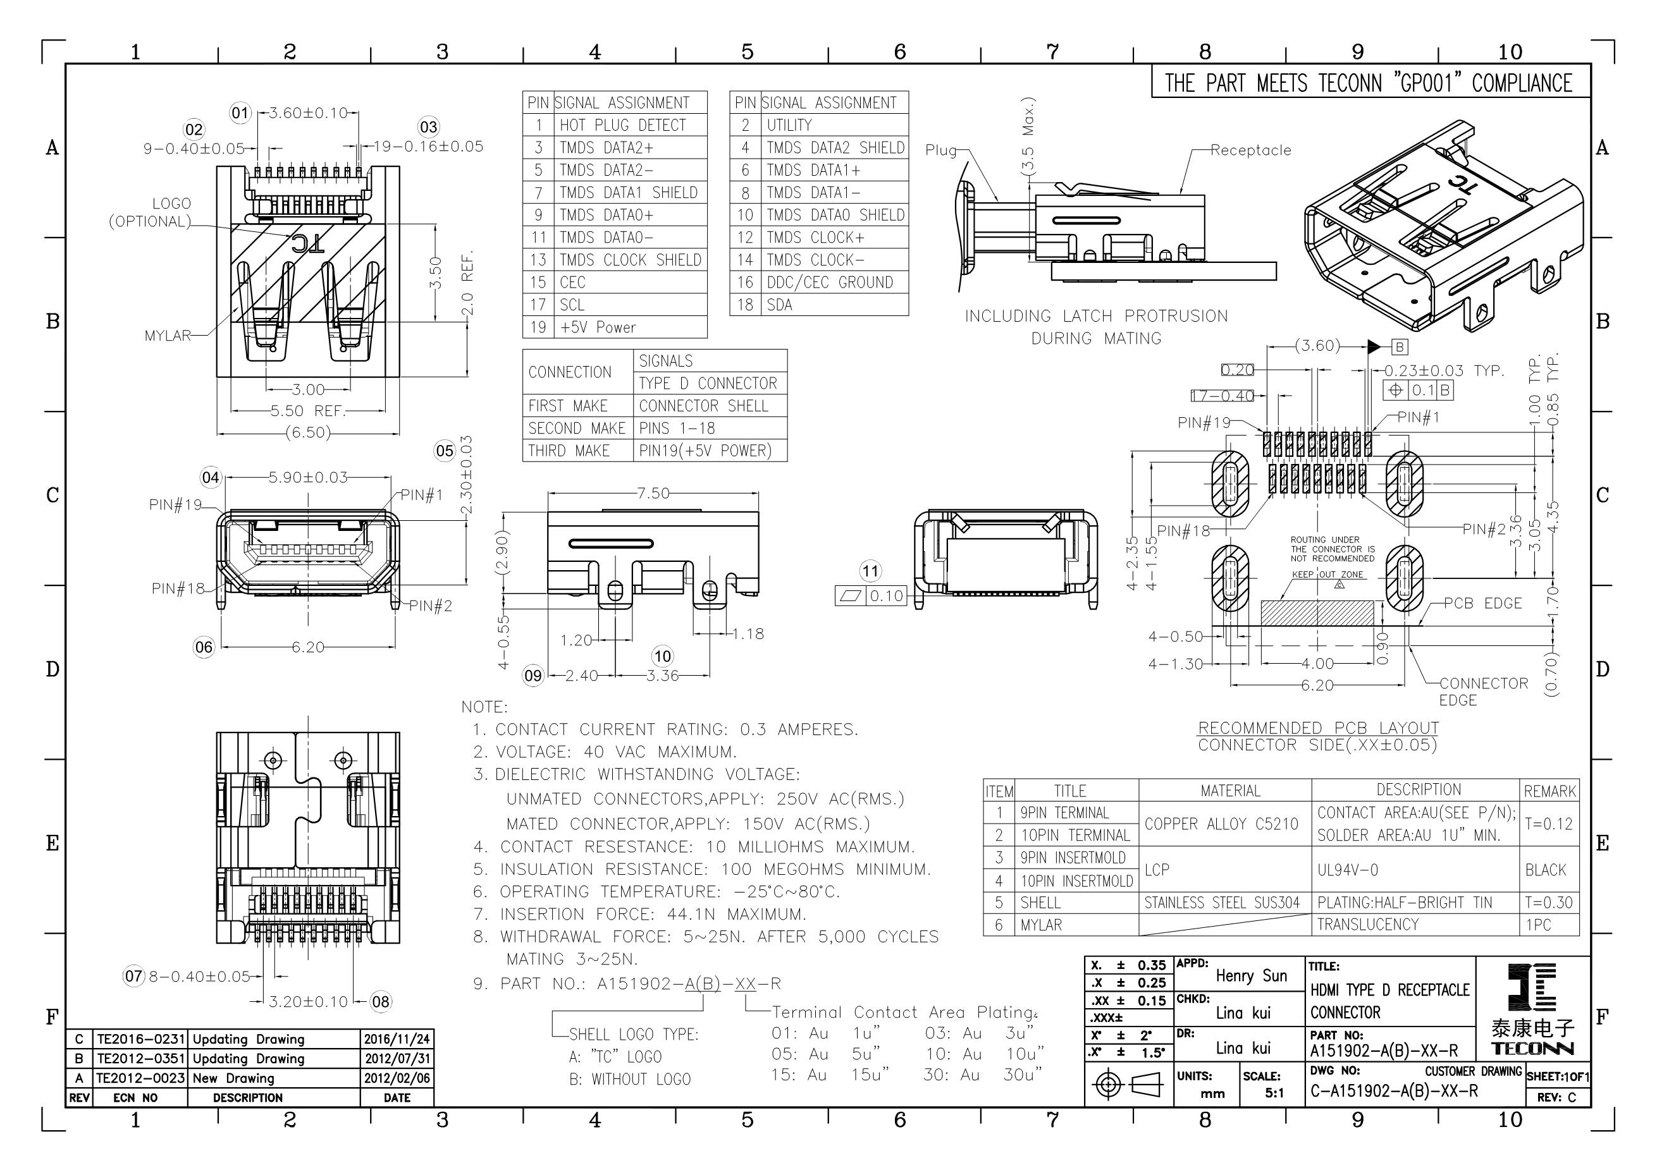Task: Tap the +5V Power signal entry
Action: pos(598,327)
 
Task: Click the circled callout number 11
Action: pos(871,571)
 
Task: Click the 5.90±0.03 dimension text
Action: pos(308,477)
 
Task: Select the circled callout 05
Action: pos(445,451)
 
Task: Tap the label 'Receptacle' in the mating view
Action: pos(1251,150)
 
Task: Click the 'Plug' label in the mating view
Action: pos(941,150)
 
